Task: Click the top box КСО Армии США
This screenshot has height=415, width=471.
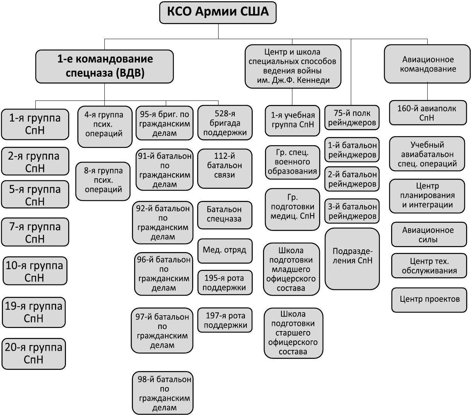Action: [x=217, y=12]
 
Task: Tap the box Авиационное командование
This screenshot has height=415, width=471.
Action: [x=428, y=64]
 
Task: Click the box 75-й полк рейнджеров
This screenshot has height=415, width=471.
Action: [x=352, y=118]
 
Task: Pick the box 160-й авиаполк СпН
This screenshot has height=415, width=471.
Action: [x=427, y=113]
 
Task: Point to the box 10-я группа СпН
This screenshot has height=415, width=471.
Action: [x=35, y=271]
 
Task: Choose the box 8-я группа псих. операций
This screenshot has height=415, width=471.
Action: [x=103, y=180]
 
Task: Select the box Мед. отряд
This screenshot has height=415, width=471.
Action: [x=225, y=250]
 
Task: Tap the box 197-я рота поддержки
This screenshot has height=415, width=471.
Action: [x=225, y=320]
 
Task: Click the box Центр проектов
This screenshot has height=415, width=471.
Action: [x=430, y=299]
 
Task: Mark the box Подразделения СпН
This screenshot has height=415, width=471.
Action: [x=352, y=258]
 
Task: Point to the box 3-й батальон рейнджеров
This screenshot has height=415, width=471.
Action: [x=352, y=211]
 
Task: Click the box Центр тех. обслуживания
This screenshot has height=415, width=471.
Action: [x=429, y=266]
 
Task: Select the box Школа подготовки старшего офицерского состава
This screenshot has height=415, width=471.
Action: [x=294, y=333]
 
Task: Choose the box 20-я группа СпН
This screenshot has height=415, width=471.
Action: [x=34, y=353]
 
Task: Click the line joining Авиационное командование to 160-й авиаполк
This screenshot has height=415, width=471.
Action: [x=428, y=91]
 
